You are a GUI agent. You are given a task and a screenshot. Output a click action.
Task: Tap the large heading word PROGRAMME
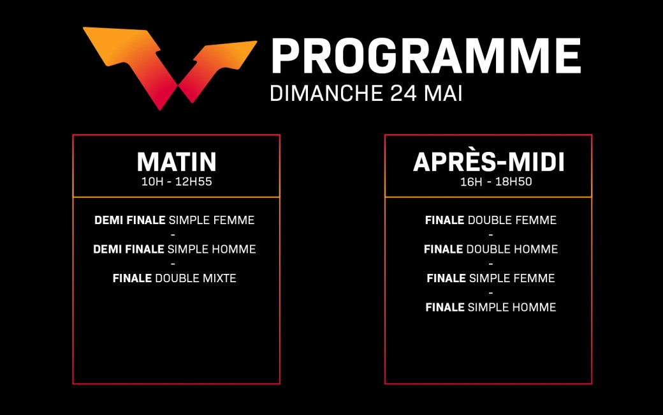click(x=426, y=56)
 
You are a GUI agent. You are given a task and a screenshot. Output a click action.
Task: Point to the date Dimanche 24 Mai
click(x=366, y=93)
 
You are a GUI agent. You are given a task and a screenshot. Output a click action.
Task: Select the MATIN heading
click(x=177, y=162)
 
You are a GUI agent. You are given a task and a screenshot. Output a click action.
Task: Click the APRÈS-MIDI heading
click(x=489, y=162)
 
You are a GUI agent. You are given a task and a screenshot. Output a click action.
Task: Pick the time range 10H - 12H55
click(x=177, y=182)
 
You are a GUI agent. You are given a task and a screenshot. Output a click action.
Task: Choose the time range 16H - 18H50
click(x=496, y=182)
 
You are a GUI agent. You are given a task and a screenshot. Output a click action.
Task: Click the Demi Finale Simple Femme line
click(x=174, y=220)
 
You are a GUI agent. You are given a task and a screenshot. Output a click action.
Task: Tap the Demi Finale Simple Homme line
click(x=174, y=249)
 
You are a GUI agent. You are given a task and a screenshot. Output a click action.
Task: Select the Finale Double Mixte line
click(x=174, y=278)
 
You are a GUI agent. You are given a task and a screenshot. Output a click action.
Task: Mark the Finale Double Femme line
click(x=490, y=220)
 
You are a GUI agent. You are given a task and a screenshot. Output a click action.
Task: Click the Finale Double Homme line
click(x=490, y=249)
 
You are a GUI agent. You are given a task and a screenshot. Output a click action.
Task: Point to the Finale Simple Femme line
click(x=490, y=278)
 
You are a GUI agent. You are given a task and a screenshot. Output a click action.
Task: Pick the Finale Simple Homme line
click(x=490, y=307)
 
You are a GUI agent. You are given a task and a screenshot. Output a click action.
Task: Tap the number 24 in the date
click(x=404, y=93)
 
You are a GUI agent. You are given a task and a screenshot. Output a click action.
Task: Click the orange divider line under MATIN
click(x=177, y=197)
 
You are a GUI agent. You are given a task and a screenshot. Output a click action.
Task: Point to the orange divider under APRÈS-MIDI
click(x=488, y=197)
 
